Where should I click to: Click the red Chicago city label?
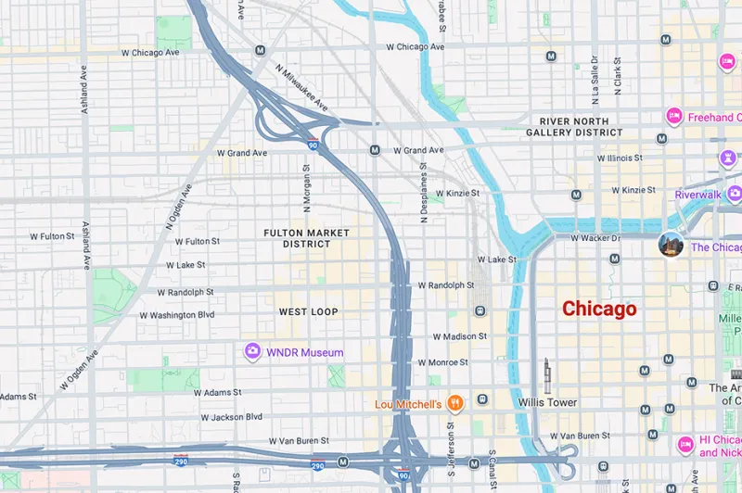point(599,309)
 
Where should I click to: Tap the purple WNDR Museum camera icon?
point(251,351)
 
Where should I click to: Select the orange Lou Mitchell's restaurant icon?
point(454,403)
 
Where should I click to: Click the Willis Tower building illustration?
point(546,374)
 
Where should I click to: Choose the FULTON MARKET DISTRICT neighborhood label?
point(307,238)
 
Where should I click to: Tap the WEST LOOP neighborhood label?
point(309,311)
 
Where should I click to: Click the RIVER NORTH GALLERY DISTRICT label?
point(574,127)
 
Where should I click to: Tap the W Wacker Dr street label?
point(600,238)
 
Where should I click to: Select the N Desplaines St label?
point(423,194)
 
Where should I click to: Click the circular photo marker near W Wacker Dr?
point(671,245)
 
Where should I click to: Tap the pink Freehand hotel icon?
point(674,116)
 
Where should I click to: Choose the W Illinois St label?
point(612,158)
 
